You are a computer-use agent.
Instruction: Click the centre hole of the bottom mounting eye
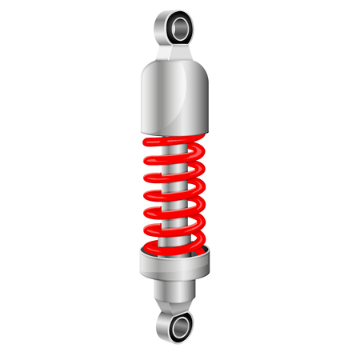click(x=181, y=326)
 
